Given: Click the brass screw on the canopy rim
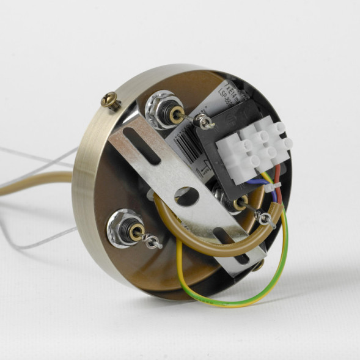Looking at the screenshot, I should coord(111,100).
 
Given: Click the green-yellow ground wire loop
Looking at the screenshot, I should coord(244,293).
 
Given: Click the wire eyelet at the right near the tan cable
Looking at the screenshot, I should coord(265,218).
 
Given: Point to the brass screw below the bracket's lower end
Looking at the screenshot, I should coord(258,265).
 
